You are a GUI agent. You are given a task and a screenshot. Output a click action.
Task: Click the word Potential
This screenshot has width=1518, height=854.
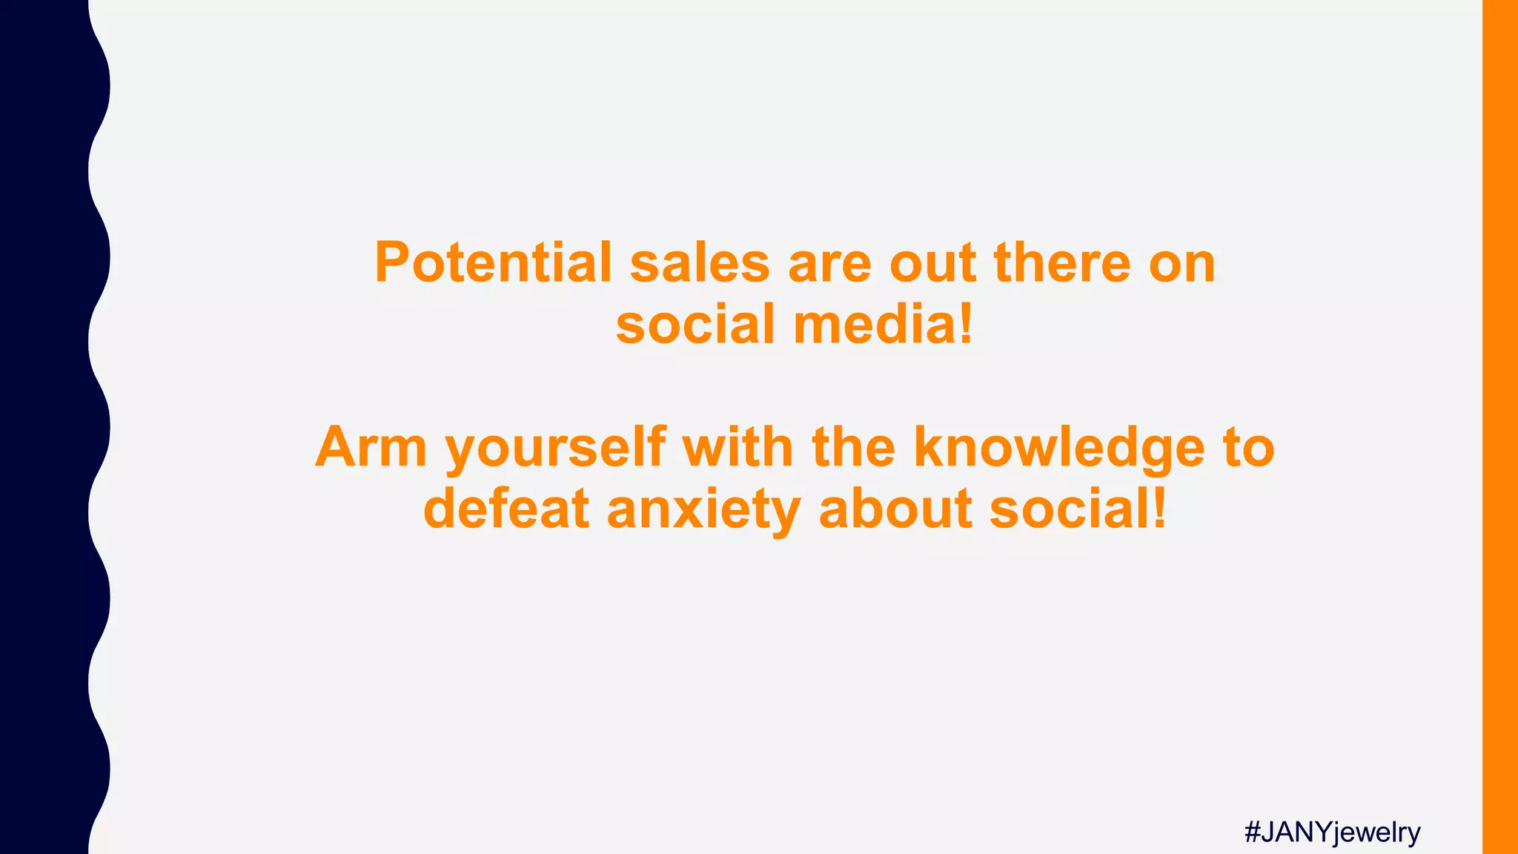493,262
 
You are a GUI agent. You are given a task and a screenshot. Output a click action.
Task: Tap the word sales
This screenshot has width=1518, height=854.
700,262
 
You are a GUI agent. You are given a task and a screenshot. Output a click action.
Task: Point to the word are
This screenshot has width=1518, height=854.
829,264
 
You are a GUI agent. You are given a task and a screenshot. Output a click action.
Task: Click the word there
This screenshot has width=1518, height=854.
1062,262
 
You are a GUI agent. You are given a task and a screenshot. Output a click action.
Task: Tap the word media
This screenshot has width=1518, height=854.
882,325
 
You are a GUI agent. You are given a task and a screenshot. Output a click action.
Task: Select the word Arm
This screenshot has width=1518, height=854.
371,448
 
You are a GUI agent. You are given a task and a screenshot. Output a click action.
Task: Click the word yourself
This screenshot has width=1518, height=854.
555,449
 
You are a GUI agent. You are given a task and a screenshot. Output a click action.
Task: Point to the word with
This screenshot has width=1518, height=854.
738,448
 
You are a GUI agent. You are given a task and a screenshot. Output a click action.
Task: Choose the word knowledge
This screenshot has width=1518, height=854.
1059,449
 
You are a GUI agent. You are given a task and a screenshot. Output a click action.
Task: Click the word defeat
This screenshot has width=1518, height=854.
506,509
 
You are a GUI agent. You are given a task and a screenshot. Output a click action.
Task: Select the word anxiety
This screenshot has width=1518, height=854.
703,511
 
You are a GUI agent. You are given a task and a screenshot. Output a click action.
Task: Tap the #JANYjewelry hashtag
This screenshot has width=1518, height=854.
1332,833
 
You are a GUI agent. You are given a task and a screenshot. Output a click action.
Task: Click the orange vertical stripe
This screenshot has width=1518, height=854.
1499,427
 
